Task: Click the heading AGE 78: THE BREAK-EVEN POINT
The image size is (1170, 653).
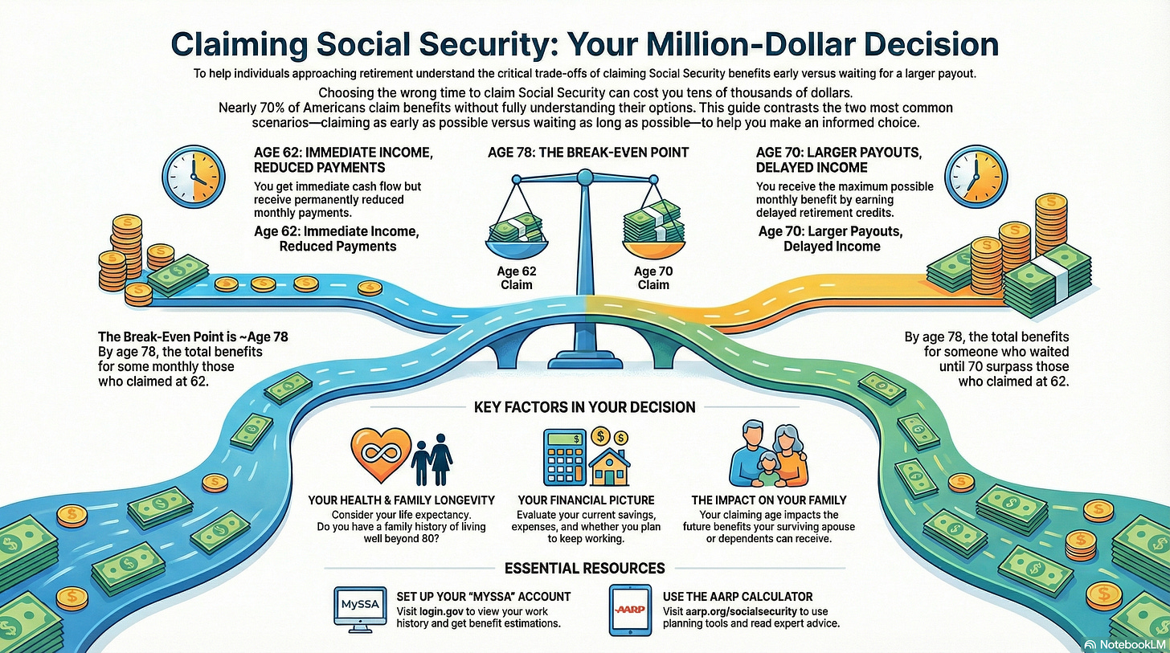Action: (587, 152)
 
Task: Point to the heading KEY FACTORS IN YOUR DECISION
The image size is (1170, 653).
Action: (583, 407)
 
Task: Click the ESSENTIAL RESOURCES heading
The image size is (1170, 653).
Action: (584, 568)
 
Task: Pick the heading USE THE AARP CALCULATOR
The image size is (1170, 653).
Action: (738, 597)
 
